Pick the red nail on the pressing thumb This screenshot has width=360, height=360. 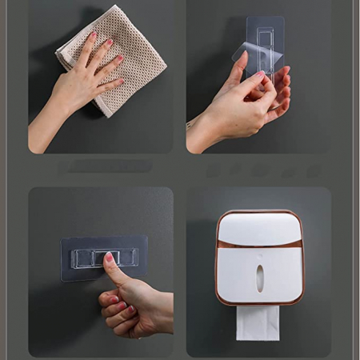point(110,258)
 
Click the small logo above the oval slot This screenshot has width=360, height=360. point(258,258)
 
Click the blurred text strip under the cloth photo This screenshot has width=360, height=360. point(104,166)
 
